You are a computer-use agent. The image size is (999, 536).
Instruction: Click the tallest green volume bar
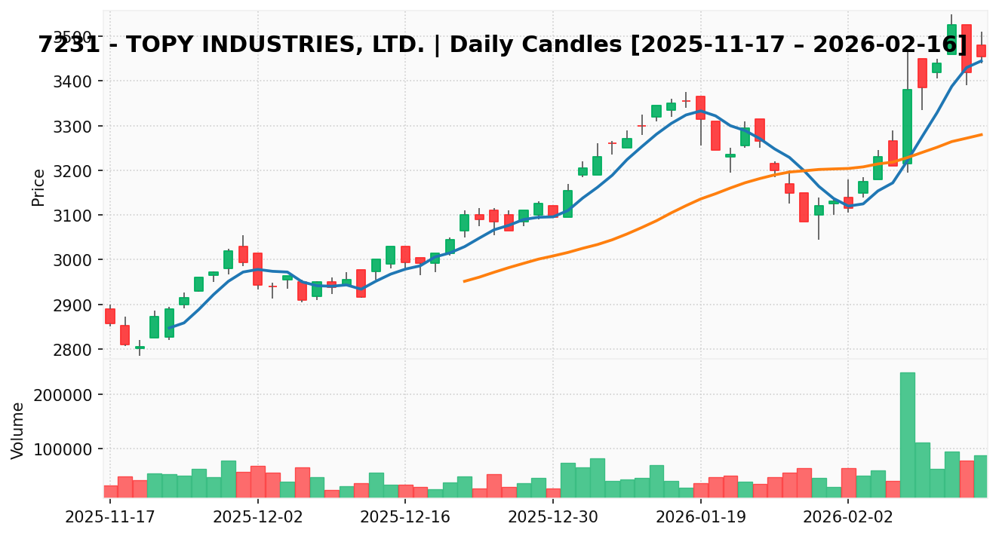click(907, 434)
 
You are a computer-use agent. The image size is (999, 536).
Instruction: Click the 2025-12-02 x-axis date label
click(258, 519)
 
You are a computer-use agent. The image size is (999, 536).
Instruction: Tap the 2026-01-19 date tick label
click(701, 519)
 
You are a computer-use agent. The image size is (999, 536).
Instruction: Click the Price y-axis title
click(38, 187)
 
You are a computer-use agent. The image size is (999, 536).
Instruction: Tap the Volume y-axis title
click(18, 430)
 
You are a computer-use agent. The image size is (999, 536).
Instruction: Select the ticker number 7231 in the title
click(66, 44)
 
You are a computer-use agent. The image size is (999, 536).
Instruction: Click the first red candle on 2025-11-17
click(110, 316)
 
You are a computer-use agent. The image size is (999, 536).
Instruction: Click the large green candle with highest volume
click(907, 127)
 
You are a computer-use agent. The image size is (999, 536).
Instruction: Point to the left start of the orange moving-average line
click(464, 281)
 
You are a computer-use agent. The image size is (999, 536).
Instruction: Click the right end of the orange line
click(981, 135)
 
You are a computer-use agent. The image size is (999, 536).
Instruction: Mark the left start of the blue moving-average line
click(169, 328)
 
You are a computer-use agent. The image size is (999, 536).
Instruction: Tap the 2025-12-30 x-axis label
click(553, 519)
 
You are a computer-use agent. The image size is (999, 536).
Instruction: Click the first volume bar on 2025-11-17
click(110, 491)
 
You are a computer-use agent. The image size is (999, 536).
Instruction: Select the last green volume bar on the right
click(980, 476)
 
